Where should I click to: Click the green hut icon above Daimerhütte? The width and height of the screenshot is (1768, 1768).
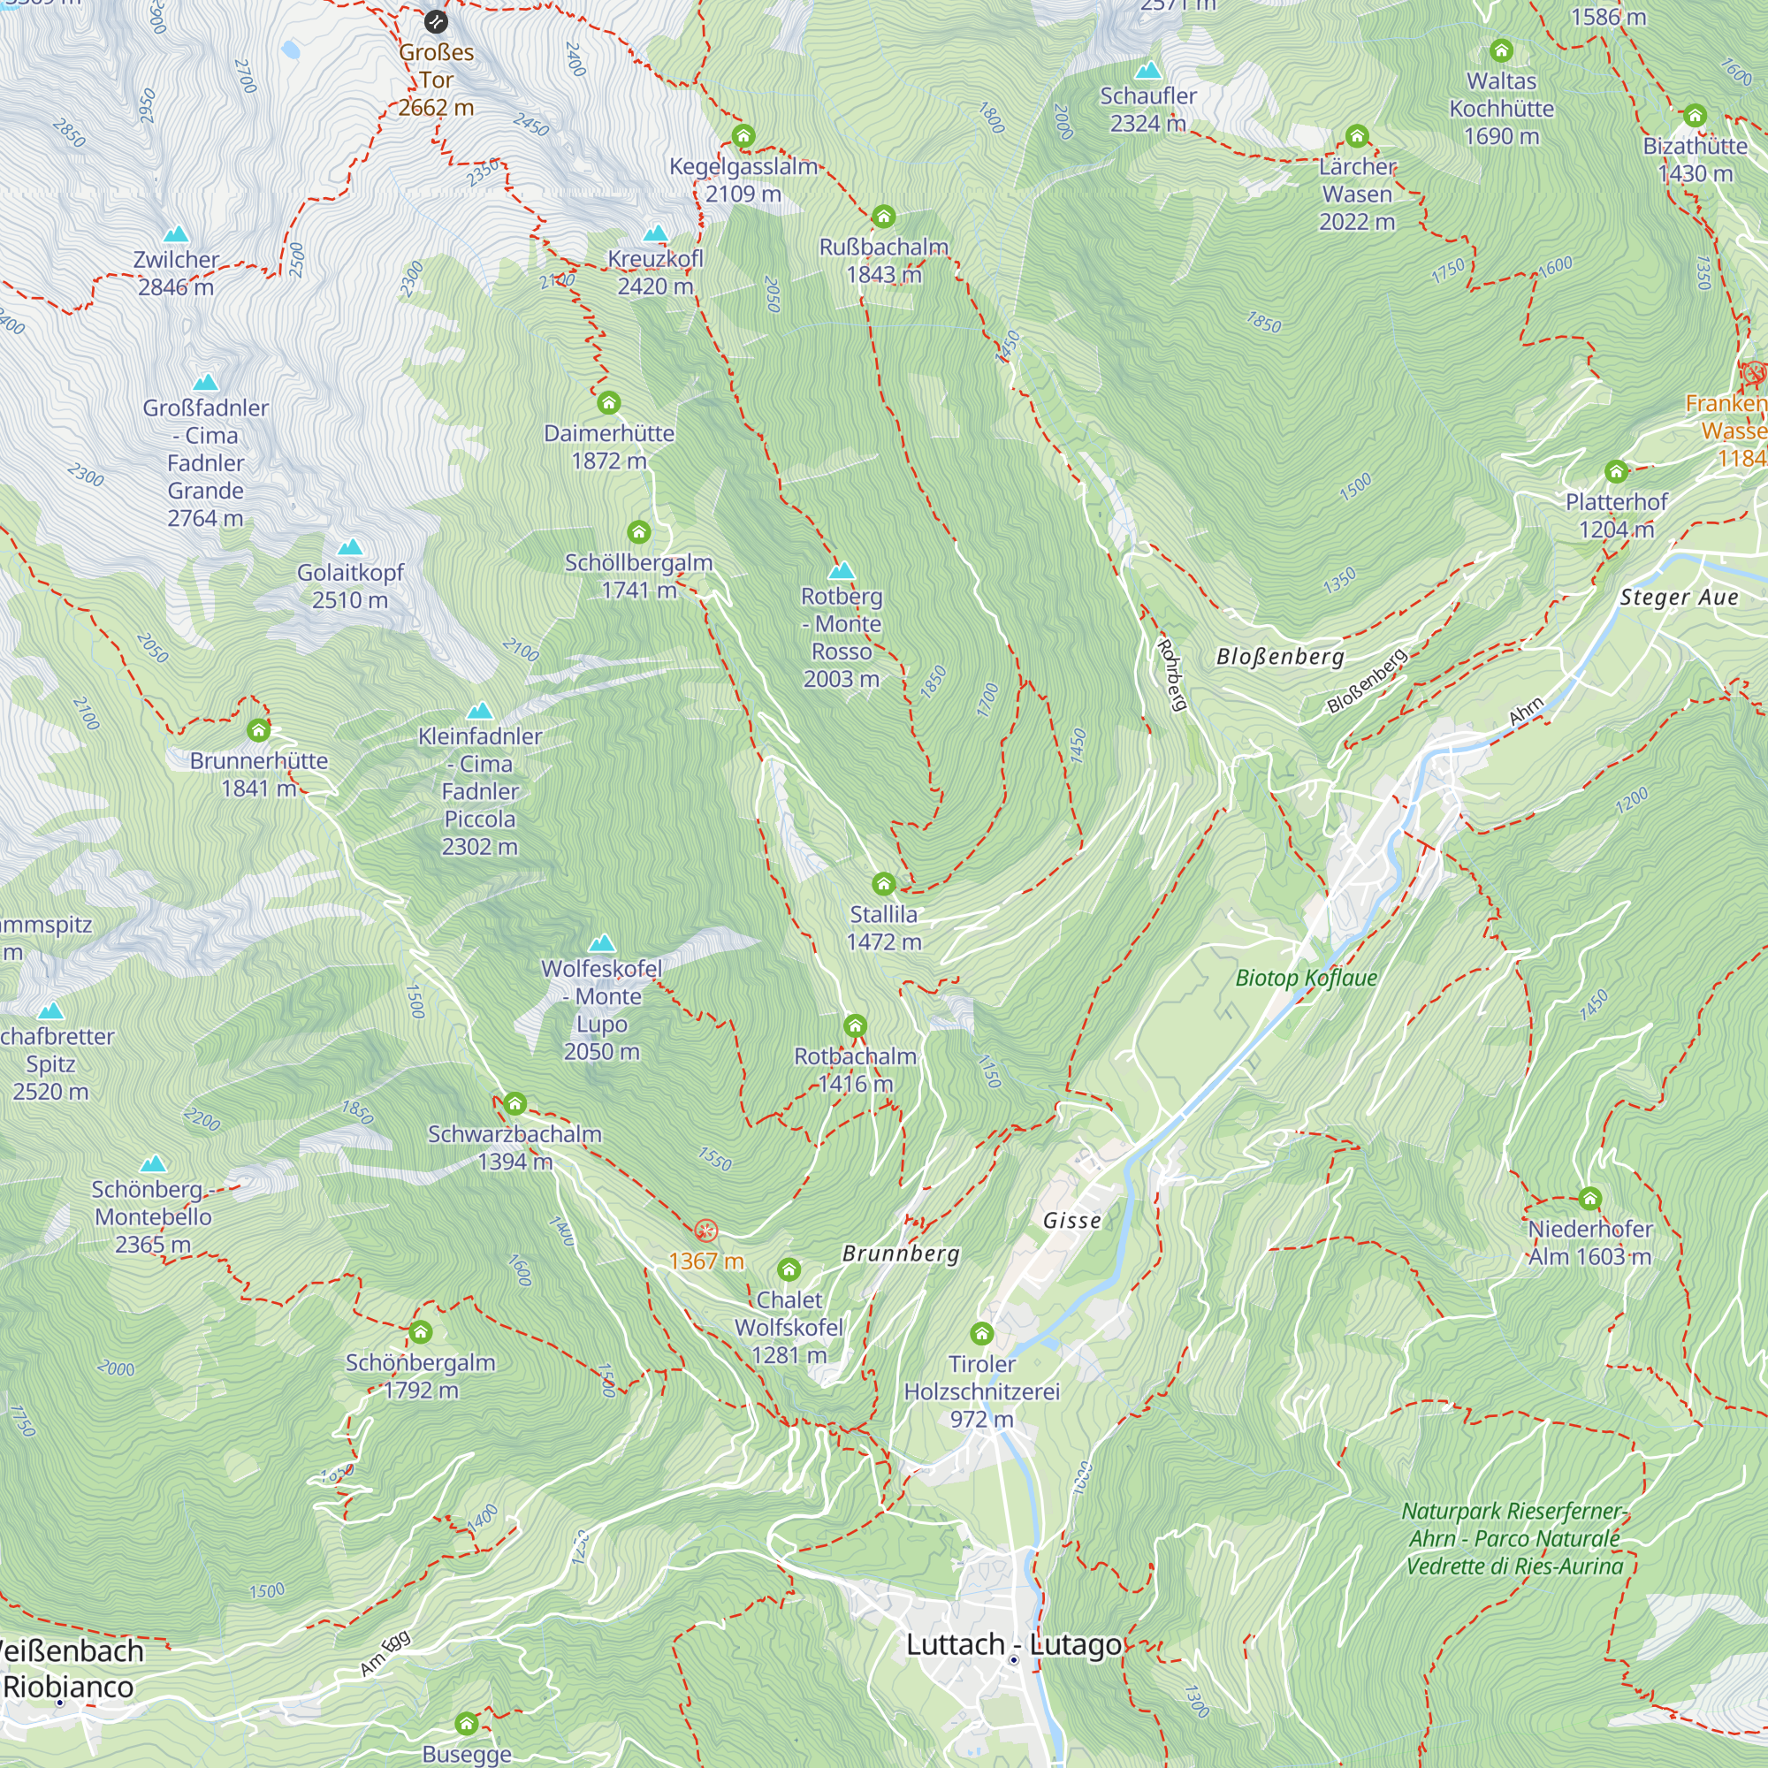click(608, 402)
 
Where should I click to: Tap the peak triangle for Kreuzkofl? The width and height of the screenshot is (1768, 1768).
click(655, 233)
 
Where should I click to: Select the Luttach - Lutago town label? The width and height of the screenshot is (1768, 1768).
click(1013, 1645)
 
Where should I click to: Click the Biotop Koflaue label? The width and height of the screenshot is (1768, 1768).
click(1306, 979)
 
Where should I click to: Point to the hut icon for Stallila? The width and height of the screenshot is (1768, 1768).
click(883, 884)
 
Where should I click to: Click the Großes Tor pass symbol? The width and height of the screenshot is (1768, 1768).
click(437, 21)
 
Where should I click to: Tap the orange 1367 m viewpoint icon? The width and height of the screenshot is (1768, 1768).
click(705, 1231)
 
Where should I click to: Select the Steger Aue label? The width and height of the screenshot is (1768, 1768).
click(1679, 598)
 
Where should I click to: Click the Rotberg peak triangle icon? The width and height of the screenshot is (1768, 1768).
click(841, 572)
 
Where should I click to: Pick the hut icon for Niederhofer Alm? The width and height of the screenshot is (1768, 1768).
click(1589, 1199)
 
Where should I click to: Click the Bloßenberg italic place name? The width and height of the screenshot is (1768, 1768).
click(1279, 656)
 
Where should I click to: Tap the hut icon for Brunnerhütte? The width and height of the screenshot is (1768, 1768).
click(259, 730)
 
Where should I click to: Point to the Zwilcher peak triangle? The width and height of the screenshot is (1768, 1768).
click(176, 234)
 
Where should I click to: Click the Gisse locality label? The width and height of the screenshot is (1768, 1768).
click(1071, 1221)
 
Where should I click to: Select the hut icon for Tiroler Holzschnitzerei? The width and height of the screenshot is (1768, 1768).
click(982, 1332)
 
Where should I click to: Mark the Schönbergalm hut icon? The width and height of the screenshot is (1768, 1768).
click(420, 1331)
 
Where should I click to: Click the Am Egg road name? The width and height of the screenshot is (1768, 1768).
click(385, 1655)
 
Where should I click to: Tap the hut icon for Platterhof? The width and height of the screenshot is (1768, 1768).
click(1616, 472)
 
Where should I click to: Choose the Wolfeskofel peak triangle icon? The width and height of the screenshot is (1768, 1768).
click(601, 943)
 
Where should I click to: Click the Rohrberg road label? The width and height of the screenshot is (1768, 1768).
click(1172, 675)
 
